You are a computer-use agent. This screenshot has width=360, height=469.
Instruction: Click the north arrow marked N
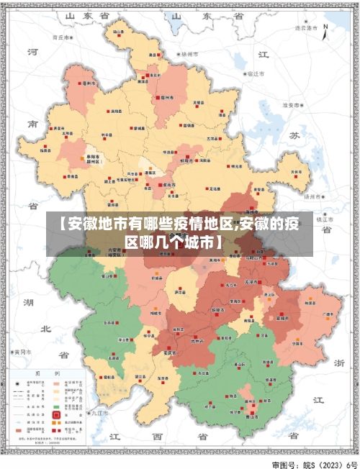325,31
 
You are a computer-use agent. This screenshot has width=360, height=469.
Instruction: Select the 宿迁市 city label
256,73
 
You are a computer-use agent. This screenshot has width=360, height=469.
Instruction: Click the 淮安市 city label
292,105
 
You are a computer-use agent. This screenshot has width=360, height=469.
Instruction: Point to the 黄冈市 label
22,352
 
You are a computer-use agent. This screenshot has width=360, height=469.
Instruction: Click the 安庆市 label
170,353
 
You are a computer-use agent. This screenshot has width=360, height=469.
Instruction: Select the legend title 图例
47,373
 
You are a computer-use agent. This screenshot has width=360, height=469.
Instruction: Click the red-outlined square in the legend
56,415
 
